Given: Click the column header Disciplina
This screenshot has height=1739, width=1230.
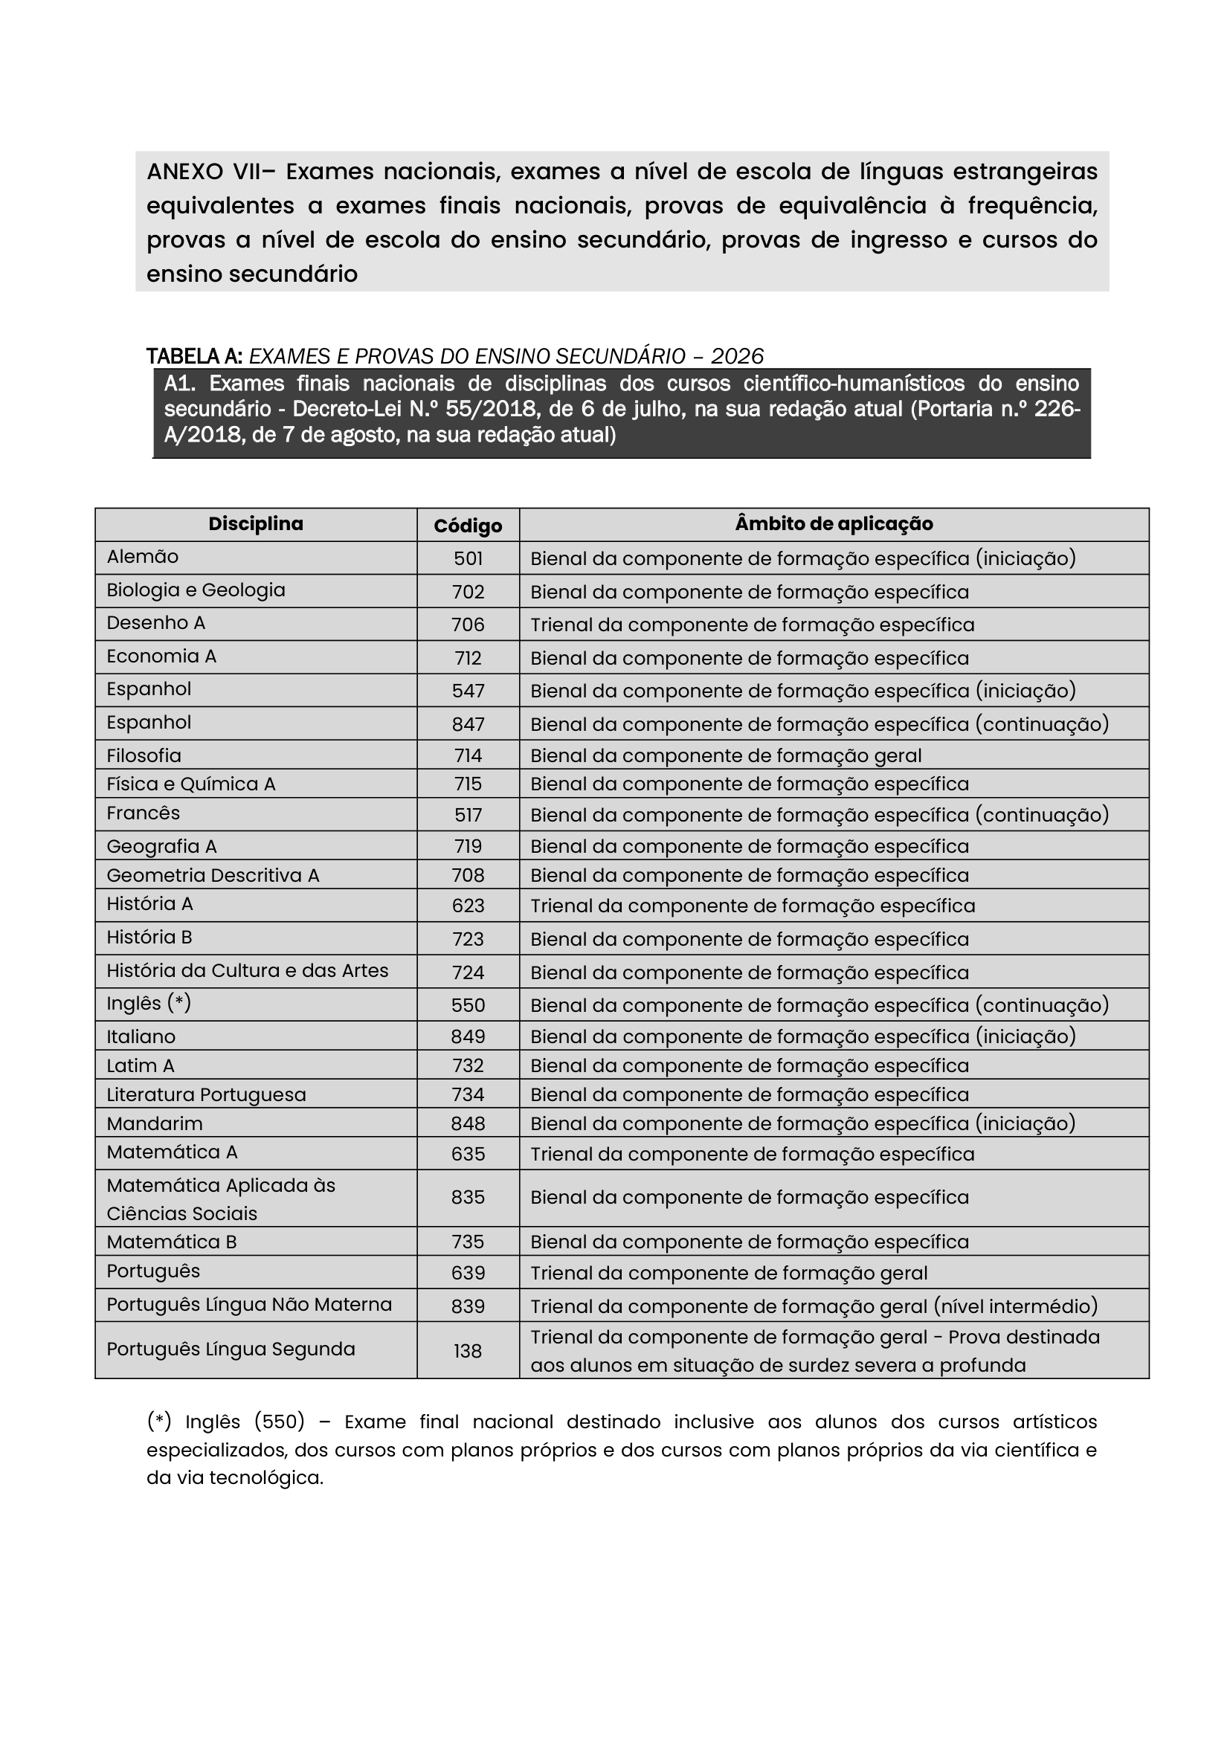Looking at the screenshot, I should coord(255,524).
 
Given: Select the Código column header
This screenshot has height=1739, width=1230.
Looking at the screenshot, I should coord(467,526).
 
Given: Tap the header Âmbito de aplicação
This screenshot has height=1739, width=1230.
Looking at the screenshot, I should coord(833,524).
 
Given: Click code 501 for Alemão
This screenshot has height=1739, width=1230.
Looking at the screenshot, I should coord(468,559).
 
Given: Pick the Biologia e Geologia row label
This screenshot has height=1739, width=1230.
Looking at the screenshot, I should coord(196,590).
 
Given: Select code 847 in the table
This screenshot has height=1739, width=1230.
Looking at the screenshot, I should coord(468,724).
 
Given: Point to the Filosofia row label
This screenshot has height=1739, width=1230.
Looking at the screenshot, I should coord(144,756).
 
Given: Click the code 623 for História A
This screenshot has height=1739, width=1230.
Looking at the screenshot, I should coord(468,906).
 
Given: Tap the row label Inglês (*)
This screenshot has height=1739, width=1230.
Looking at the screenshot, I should coord(149,1004).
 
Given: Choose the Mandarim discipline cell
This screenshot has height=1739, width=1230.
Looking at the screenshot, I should coord(155,1124).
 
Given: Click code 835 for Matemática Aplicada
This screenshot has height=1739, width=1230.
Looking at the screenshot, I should coord(468,1198).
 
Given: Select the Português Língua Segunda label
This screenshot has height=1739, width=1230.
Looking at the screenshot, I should coord(231,1349).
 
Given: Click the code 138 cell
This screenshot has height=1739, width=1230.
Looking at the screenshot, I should coord(468,1351).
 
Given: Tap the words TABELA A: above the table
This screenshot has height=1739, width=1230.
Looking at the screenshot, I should coord(194,356).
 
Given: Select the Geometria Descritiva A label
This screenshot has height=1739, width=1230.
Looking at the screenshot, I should coord(213,876).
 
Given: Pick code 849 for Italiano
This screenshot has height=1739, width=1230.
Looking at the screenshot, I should coord(468,1036).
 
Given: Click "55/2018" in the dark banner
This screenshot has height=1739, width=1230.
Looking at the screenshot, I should coord(482,410).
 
